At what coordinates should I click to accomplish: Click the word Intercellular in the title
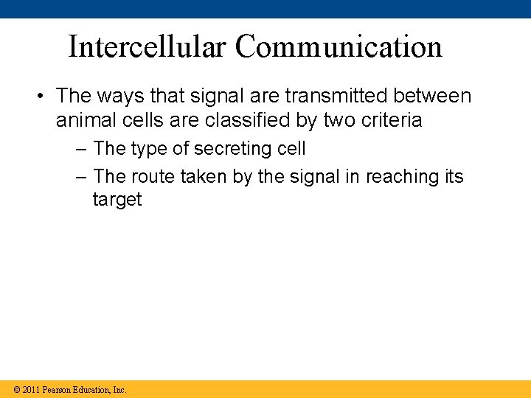[x=147, y=46]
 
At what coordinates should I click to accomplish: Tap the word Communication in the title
[x=339, y=46]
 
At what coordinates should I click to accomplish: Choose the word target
[x=117, y=200]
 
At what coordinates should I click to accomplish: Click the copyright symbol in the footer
[x=16, y=389]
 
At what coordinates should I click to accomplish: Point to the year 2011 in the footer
[x=31, y=389]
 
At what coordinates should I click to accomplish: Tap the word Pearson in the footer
[x=58, y=389]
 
